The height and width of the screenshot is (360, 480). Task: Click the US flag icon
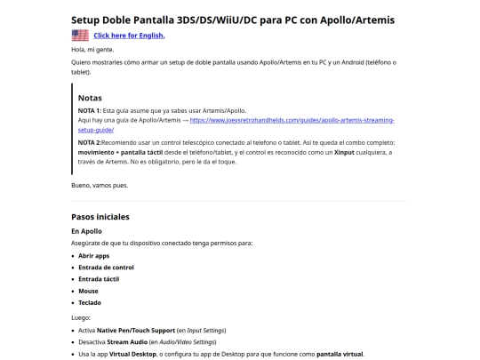(x=80, y=36)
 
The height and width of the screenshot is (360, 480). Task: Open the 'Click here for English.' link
(x=129, y=36)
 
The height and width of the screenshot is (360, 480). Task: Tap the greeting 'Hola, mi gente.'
(x=92, y=51)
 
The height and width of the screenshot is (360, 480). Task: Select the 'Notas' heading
(x=90, y=97)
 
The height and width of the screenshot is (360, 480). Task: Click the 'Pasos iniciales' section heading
(x=100, y=217)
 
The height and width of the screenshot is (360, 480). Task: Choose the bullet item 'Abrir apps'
(x=93, y=255)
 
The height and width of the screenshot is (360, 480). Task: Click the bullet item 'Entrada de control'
(x=107, y=267)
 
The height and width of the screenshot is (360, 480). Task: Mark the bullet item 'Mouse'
(x=89, y=290)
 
